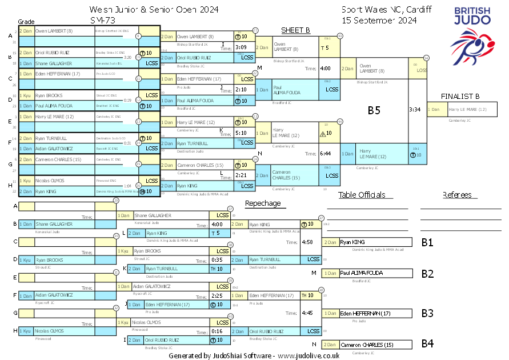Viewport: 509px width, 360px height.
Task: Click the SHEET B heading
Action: point(295,30)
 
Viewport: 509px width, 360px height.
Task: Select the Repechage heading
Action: point(263,203)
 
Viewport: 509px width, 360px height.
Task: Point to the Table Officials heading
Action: point(362,195)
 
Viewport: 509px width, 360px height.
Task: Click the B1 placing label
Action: point(427,242)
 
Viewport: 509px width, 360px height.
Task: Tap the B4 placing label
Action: point(427,344)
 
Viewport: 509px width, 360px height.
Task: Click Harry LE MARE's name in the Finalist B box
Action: point(467,109)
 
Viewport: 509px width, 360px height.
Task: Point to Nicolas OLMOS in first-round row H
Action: point(49,180)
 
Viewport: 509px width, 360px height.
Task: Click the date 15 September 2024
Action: point(379,20)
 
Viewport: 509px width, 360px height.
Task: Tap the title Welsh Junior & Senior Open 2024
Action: point(154,10)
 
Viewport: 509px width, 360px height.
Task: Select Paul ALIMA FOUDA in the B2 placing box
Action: point(361,273)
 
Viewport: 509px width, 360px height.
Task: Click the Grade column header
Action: point(26,22)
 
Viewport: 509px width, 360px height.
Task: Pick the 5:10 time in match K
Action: point(241,133)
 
